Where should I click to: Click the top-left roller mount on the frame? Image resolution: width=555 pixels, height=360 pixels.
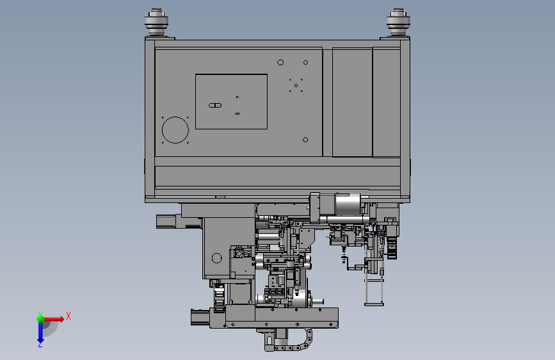[156, 22]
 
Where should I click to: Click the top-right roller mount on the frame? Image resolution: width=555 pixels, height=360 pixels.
[398, 22]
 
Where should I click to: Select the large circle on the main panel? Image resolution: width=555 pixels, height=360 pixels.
[175, 130]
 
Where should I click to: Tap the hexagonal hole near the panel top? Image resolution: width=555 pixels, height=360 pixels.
[280, 62]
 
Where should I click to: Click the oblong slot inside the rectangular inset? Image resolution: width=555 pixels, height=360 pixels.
[215, 105]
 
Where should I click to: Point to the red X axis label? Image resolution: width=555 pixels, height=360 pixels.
[68, 316]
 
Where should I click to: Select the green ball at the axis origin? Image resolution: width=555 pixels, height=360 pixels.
[41, 319]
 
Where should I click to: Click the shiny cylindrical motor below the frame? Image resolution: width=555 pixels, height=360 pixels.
[348, 204]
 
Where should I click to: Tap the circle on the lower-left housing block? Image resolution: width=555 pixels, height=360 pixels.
[216, 258]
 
